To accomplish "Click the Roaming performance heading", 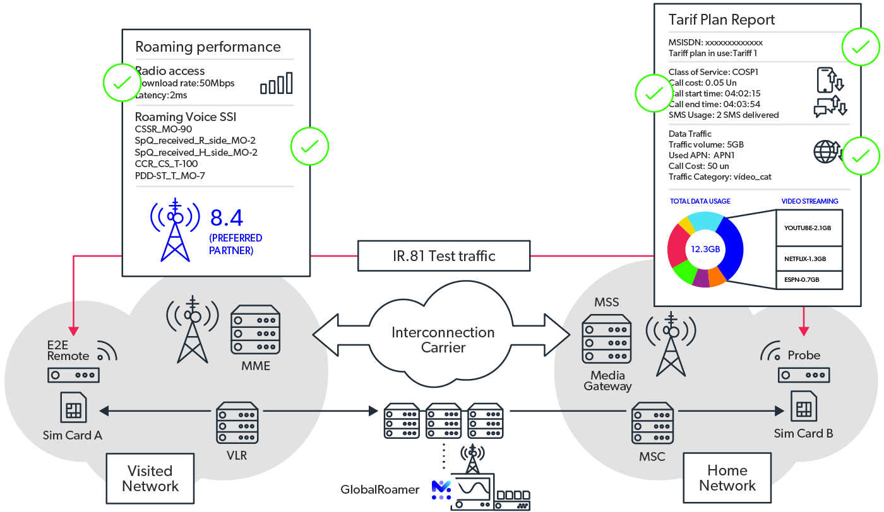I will click(x=208, y=47).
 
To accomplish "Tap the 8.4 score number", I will click(x=227, y=218).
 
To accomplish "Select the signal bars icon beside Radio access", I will click(x=277, y=83).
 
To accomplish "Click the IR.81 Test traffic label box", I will click(x=444, y=255).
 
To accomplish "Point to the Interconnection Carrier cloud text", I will click(x=443, y=339).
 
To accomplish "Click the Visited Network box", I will click(x=150, y=479).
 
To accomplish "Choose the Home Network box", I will click(x=727, y=478).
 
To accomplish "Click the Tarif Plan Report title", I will click(x=721, y=20).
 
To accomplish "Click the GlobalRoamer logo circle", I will click(x=440, y=489).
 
